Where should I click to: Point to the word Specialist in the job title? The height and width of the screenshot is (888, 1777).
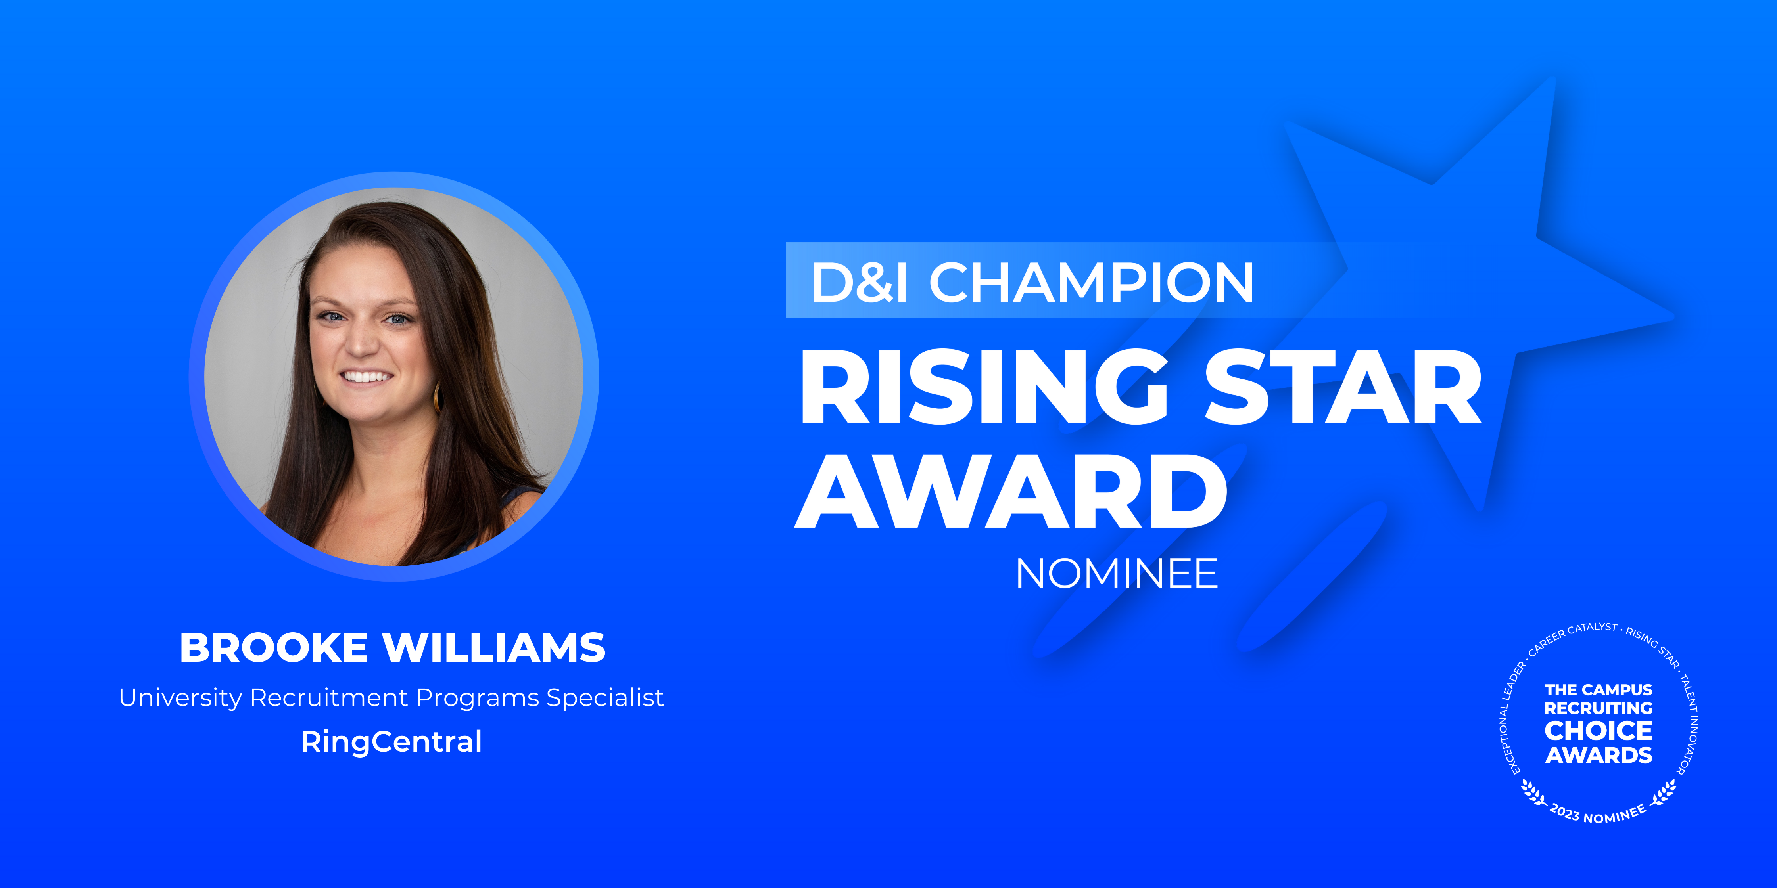[x=605, y=698]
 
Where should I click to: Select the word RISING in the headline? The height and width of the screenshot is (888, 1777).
[x=983, y=387]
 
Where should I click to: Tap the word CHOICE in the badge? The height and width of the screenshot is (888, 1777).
[x=1599, y=730]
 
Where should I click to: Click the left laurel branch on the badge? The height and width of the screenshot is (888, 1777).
[x=1533, y=793]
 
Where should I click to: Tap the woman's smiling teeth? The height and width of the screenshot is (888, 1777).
[x=367, y=377]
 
